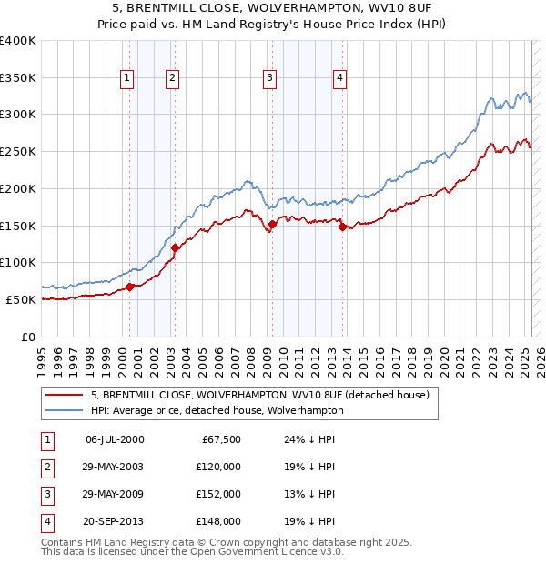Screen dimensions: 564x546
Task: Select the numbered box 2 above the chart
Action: point(172,78)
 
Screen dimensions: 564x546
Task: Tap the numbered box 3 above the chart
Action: point(270,78)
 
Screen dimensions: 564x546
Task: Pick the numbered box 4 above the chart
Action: point(339,78)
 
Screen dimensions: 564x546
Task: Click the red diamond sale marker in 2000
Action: point(129,287)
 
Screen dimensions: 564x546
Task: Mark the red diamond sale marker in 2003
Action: point(175,247)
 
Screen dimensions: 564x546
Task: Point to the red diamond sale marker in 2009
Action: point(272,224)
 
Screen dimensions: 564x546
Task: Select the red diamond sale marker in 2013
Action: point(342,227)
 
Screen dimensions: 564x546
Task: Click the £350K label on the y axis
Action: point(18,77)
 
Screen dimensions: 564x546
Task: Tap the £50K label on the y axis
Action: point(21,299)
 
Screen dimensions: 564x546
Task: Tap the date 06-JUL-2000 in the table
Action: point(114,439)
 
